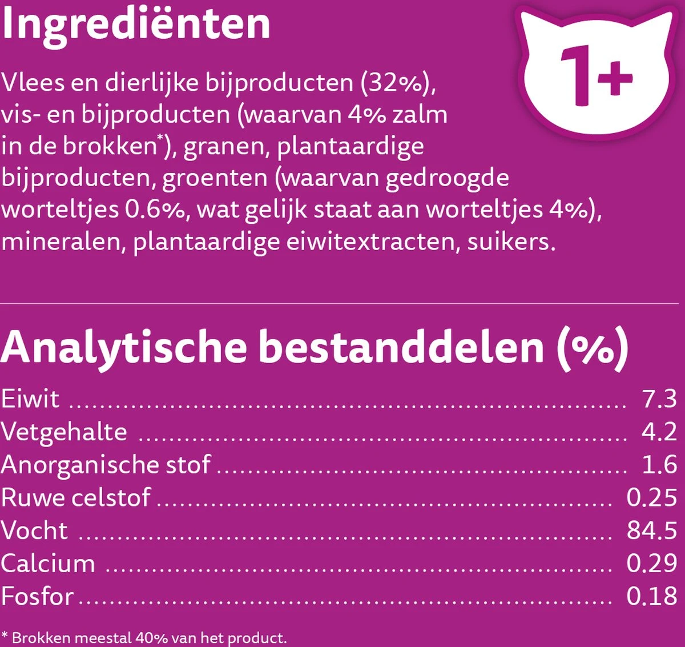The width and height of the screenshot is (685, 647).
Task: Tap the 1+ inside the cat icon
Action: [x=596, y=77]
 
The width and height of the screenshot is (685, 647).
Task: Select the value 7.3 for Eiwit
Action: [x=659, y=399]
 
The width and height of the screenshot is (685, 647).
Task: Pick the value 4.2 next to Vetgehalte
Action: [x=659, y=431]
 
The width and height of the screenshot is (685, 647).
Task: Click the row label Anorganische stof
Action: [x=106, y=465]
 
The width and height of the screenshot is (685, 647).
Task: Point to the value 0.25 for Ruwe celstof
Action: [x=651, y=497]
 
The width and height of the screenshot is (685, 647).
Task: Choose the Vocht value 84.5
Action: [x=651, y=531]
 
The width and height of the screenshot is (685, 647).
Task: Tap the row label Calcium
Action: [x=48, y=564]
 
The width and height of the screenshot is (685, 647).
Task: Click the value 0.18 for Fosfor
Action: [x=651, y=596]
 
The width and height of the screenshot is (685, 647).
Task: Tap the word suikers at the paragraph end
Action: [x=510, y=242]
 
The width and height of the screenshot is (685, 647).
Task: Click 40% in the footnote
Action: [x=151, y=637]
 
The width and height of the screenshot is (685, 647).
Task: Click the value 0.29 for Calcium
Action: [x=651, y=564]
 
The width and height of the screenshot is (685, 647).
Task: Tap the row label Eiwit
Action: [x=30, y=399]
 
